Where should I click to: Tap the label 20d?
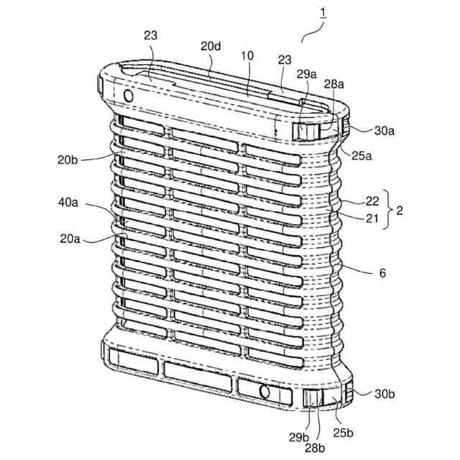click(x=211, y=45)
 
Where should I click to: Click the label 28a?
click(x=333, y=84)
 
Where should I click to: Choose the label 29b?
click(x=299, y=437)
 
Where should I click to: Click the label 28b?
click(x=316, y=447)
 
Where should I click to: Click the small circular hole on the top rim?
click(x=129, y=95)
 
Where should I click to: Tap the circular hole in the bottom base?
click(x=264, y=391)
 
